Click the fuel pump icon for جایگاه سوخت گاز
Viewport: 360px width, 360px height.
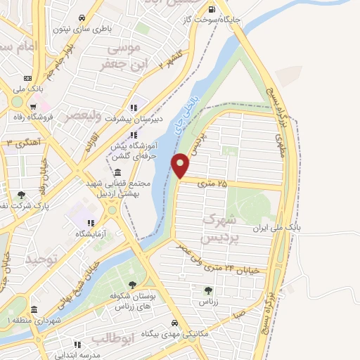212,9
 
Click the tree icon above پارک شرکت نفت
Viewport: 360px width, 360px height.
21,195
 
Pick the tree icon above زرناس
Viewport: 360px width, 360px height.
208,290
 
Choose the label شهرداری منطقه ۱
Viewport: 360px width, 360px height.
25,320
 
